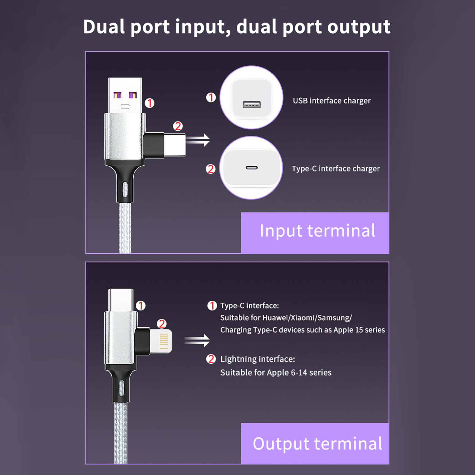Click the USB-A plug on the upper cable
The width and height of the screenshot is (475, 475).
125,96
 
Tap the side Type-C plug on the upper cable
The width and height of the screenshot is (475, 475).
175,145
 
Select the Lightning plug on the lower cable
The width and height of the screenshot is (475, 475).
161,341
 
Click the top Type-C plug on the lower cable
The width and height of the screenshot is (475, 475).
121,300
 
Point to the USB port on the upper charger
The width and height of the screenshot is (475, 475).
251,104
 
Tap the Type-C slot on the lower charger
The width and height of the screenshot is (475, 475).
251,168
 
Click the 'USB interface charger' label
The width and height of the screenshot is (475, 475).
332,101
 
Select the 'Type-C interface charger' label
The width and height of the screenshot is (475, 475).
335,169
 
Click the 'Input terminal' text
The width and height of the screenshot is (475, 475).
317,231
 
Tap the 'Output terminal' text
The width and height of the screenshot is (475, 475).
317,444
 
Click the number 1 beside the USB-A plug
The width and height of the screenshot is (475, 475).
149,103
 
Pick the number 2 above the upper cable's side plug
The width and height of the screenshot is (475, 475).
178,126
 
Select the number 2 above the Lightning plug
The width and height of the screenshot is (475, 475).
161,324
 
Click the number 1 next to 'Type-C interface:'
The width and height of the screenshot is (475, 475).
212,305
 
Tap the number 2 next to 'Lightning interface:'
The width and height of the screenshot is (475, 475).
211,359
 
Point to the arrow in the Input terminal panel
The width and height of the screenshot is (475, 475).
198,140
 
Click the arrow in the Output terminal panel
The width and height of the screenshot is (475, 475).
197,341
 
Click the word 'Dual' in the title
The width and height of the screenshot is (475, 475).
104,27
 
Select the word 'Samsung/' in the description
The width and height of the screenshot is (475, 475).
335,318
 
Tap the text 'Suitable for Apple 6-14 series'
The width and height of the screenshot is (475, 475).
276,373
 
